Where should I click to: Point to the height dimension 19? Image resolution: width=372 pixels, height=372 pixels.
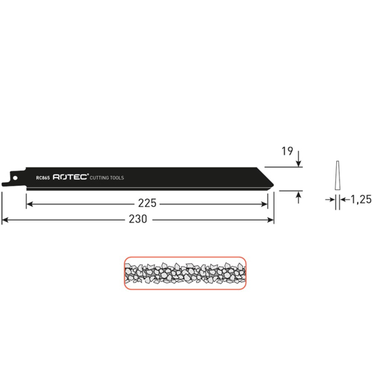tap(287, 152)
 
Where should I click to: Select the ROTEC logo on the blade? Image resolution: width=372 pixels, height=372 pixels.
tap(71, 177)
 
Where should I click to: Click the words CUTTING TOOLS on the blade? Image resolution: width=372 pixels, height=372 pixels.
tap(107, 178)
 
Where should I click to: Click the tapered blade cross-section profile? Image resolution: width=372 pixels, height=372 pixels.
tap(336, 177)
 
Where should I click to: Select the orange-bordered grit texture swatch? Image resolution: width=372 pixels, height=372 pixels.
tap(185, 273)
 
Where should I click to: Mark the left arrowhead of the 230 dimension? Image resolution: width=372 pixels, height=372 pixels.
tap(5, 220)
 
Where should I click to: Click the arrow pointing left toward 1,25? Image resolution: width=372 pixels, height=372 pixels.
tap(342, 199)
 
